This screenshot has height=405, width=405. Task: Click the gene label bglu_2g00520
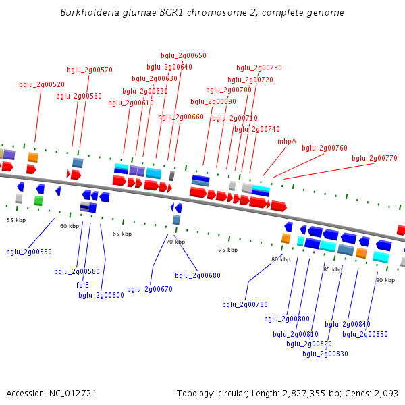42,85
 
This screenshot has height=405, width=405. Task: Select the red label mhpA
287,142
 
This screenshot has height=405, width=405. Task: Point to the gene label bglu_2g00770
375,158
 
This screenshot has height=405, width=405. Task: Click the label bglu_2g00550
29,252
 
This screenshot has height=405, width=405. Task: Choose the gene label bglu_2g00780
245,304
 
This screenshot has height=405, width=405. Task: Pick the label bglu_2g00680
198,275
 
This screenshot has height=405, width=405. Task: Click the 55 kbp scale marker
16,220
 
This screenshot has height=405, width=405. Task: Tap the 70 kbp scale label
175,242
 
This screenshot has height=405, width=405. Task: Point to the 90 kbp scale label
385,280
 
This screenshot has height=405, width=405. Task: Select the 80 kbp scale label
281,259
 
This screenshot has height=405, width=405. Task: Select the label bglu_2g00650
184,55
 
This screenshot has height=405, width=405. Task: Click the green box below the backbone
38,200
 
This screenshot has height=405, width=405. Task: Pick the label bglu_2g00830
325,354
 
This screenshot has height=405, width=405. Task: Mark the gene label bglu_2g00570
90,70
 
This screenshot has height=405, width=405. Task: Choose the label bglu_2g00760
325,148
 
